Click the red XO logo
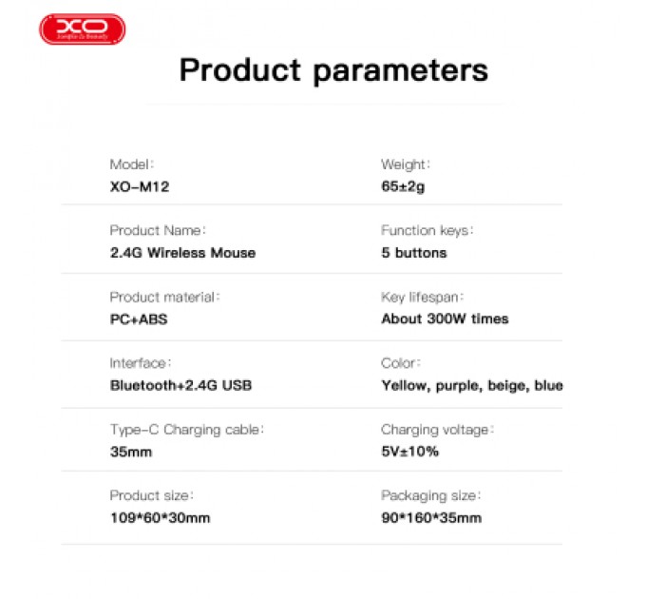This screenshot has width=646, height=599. [x=82, y=29]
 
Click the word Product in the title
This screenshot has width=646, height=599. [x=240, y=69]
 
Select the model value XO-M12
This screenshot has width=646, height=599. [x=140, y=186]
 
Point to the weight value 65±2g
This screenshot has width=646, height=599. [x=403, y=186]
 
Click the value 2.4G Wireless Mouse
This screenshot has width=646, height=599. [x=182, y=253]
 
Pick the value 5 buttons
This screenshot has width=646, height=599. [x=413, y=253]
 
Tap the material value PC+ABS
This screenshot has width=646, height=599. [x=139, y=319]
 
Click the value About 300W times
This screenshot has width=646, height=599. [x=445, y=319]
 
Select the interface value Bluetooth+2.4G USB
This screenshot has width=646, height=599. [x=180, y=386]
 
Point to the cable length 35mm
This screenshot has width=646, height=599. [x=131, y=452]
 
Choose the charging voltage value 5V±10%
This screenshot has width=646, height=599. [x=409, y=452]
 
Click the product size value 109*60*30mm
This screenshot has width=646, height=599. [x=160, y=518]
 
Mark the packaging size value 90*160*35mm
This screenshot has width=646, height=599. [x=431, y=518]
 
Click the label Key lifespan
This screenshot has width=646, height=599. [x=422, y=297]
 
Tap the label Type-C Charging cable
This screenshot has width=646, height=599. [x=186, y=430]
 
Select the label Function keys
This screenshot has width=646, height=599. [x=427, y=230]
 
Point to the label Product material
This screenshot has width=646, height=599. [x=164, y=297]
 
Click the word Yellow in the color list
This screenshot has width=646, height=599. [x=404, y=386]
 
